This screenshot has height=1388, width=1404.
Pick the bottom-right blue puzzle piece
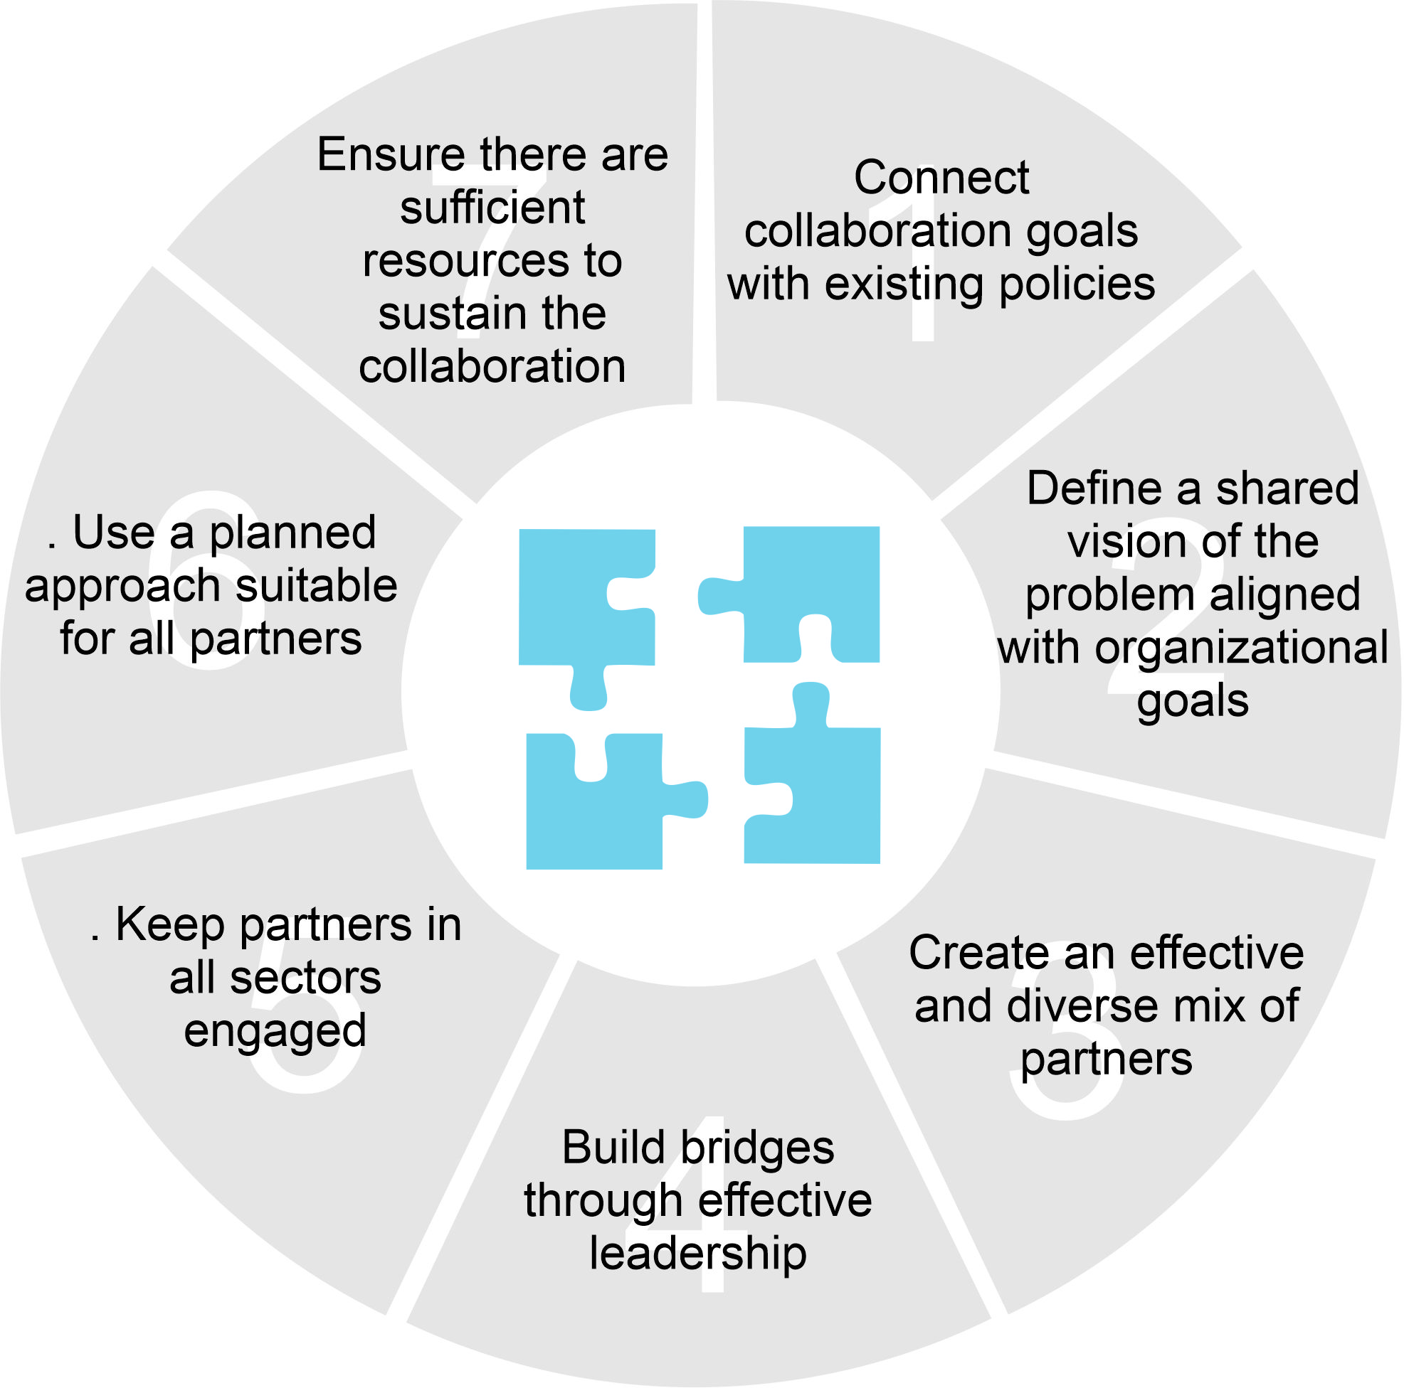point(814,791)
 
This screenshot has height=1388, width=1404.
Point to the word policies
point(1077,284)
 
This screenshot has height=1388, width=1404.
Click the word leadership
point(697,1254)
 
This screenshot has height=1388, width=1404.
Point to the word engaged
point(275,1032)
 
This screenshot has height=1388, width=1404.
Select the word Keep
point(170,926)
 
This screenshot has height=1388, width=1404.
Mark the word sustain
point(443,314)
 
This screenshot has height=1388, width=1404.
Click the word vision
point(1115,542)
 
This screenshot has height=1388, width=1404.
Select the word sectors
point(305,979)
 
